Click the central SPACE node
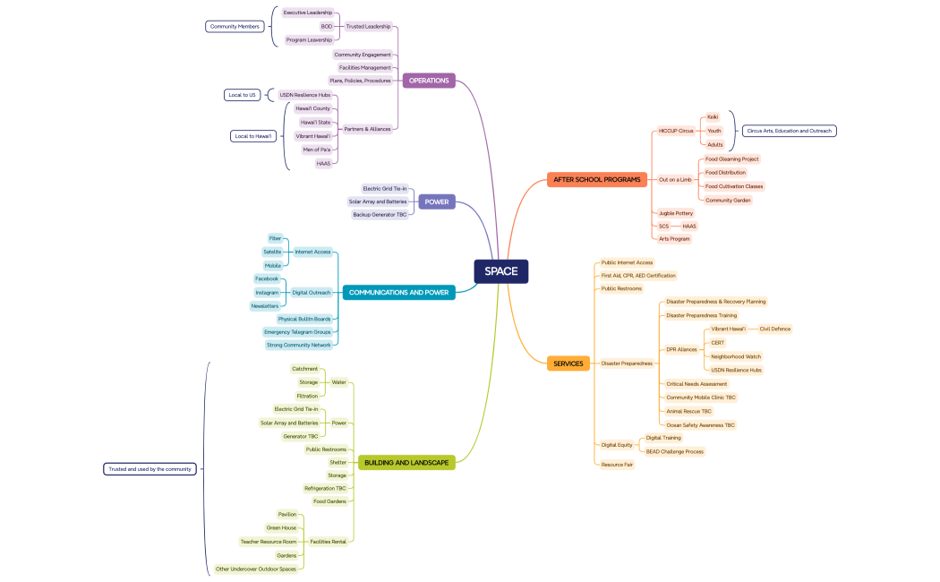tap(501, 271)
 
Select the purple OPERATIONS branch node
tap(429, 81)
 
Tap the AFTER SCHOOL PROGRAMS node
tap(596, 179)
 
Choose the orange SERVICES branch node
tap(568, 364)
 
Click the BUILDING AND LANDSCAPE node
tap(406, 462)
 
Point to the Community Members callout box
tap(235, 27)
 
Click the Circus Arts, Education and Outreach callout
tap(789, 131)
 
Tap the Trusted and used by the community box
tap(149, 469)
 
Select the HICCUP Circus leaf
tap(676, 131)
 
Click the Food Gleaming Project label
tap(731, 159)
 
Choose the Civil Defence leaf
tap(774, 329)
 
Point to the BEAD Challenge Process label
tap(674, 451)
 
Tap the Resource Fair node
tap(617, 465)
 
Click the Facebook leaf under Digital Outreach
tap(267, 278)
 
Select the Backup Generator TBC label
tap(380, 215)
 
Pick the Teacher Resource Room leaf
tap(269, 542)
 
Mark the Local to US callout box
tap(242, 95)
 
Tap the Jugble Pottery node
tap(676, 213)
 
